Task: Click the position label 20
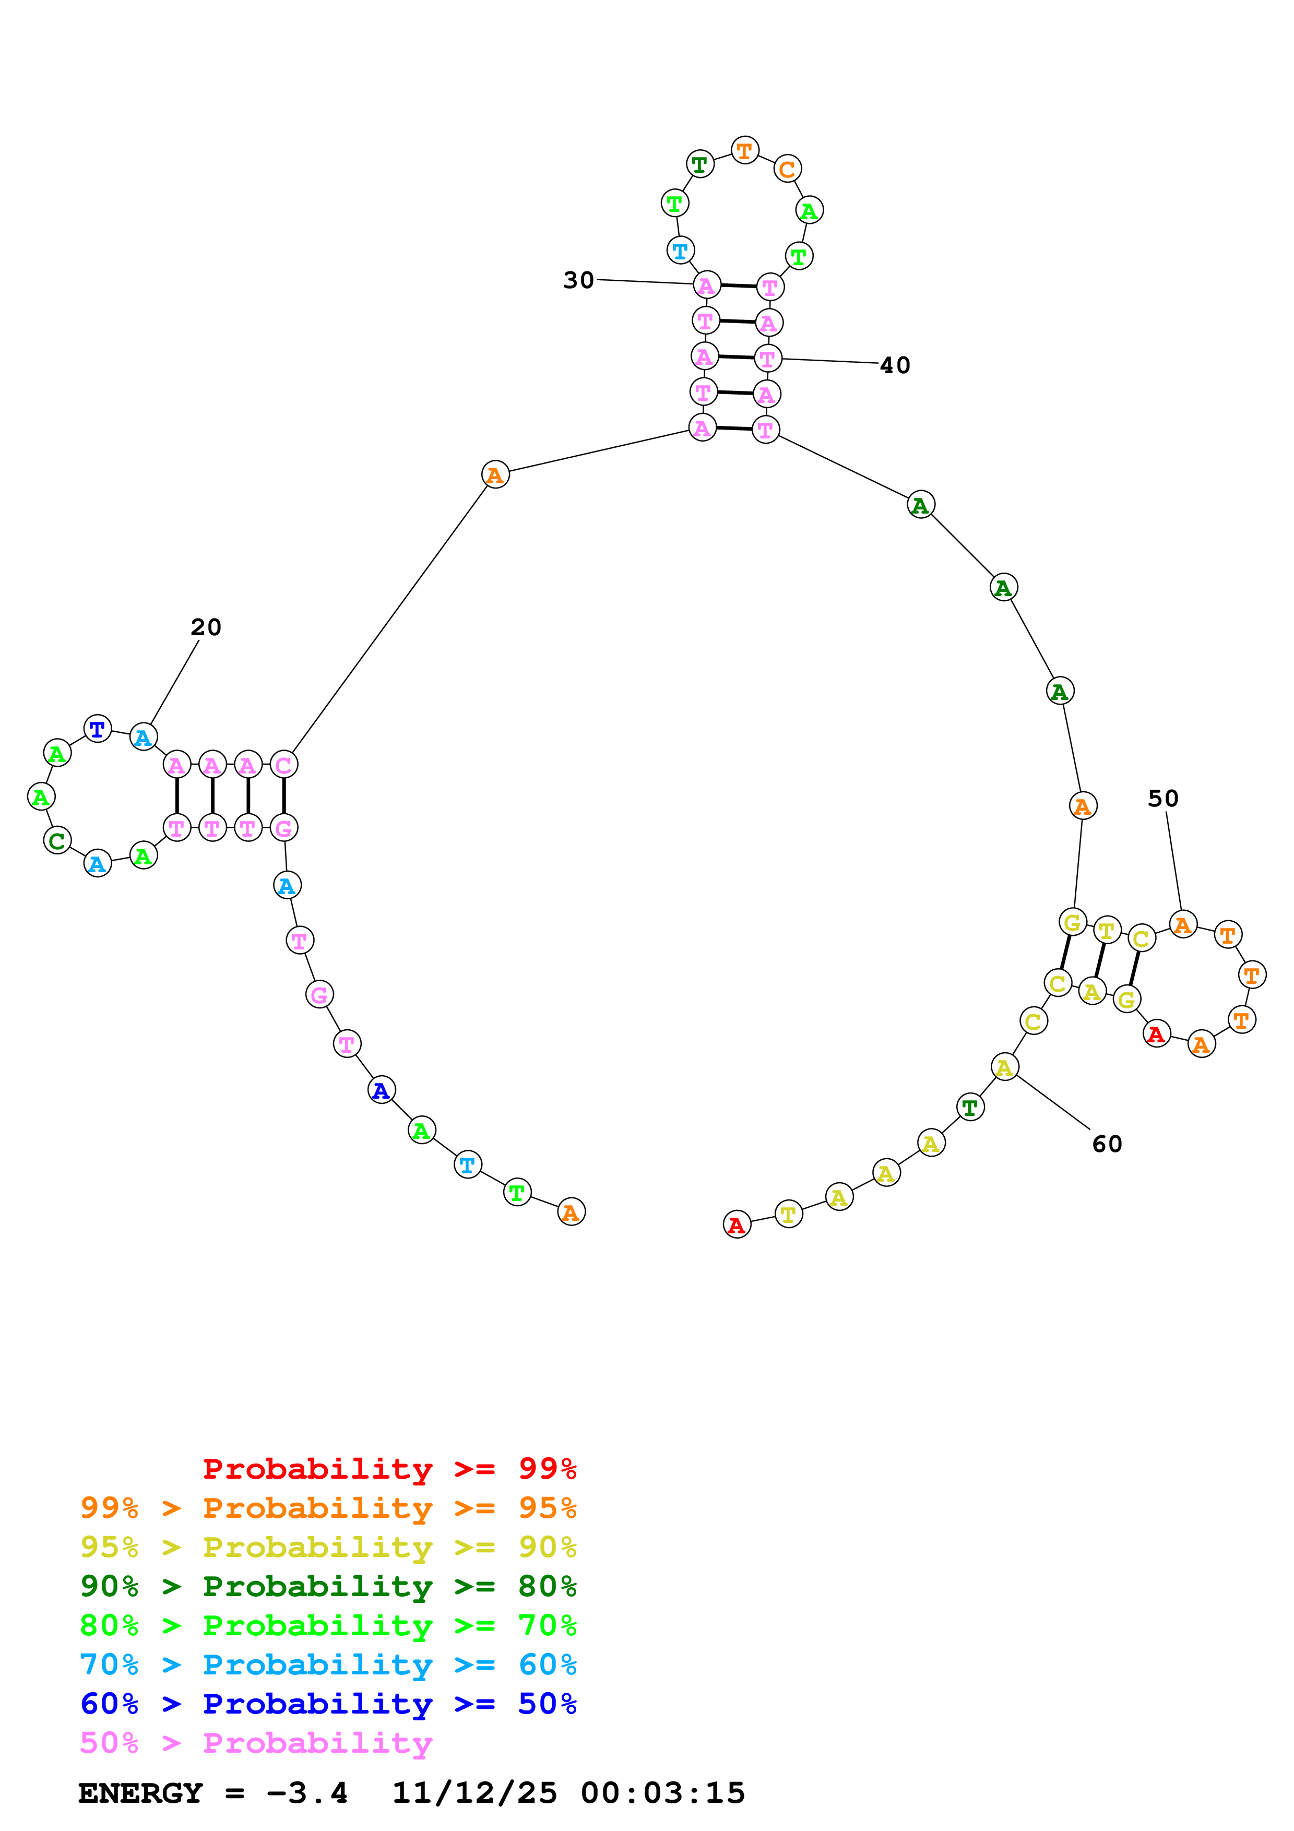tap(206, 627)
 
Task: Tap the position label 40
tap(895, 365)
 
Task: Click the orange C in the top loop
tap(787, 169)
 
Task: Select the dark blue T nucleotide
tap(97, 729)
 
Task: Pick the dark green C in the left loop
tap(56, 840)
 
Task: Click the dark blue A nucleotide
tap(381, 1090)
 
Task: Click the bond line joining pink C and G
tap(284, 796)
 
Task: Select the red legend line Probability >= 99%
tap(389, 1469)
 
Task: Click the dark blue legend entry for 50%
tap(328, 1704)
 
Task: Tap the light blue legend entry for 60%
tap(328, 1664)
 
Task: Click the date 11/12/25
tap(474, 1793)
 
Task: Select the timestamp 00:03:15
tap(662, 1793)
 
